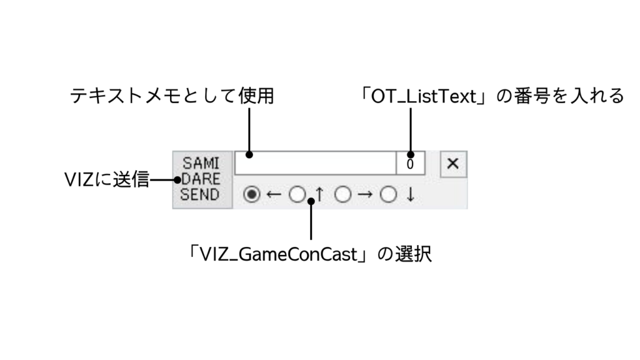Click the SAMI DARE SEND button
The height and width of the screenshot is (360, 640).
[201, 179]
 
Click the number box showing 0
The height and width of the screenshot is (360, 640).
[410, 164]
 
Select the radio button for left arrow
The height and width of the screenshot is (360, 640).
[251, 195]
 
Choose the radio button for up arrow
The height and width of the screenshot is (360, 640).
[297, 195]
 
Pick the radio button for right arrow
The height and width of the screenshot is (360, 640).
[342, 195]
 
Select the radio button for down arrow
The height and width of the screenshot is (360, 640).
[389, 195]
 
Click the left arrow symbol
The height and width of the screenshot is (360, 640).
[273, 195]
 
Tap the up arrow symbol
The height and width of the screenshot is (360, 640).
[319, 195]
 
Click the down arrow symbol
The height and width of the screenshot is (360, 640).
[411, 195]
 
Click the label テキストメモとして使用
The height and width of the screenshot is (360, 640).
[172, 96]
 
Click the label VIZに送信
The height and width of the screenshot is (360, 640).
[107, 180]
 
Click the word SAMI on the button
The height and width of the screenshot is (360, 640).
[201, 165]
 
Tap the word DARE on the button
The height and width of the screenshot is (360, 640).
[201, 179]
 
